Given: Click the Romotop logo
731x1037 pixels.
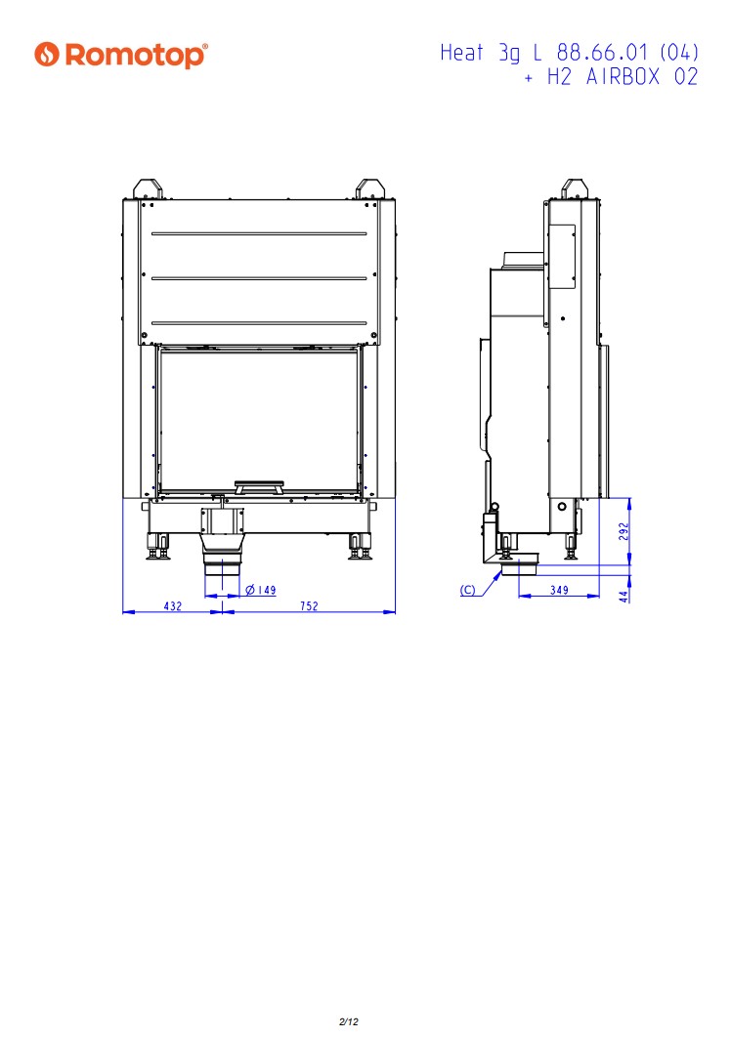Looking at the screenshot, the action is (121, 55).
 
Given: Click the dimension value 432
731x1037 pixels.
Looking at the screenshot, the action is (173, 605).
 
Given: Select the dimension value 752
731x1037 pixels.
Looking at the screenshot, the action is (309, 605).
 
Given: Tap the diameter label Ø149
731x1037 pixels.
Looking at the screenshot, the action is (261, 590).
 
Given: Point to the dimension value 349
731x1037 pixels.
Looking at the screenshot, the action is (560, 589).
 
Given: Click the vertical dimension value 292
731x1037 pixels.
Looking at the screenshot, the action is (623, 531).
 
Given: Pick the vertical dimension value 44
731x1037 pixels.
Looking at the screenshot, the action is (623, 597).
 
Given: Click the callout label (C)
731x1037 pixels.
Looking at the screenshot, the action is (468, 590).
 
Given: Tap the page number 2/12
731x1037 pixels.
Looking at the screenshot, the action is (349, 1021).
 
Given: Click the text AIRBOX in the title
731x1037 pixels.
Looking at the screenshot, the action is (623, 77).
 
